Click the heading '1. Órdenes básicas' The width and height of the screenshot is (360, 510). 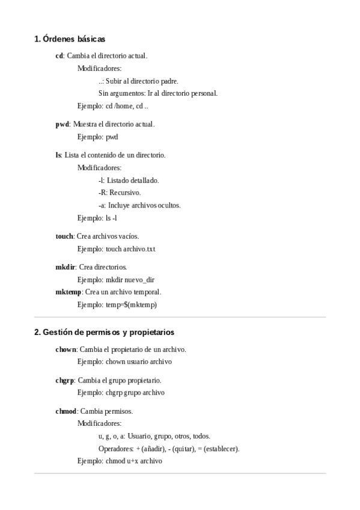click(x=70, y=39)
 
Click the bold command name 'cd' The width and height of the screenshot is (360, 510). click(x=59, y=56)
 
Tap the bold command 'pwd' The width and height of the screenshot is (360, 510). click(x=62, y=124)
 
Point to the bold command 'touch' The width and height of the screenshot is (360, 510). click(x=64, y=236)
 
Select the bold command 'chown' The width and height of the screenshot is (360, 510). click(x=66, y=349)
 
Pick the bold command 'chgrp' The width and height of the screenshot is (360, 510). click(x=64, y=380)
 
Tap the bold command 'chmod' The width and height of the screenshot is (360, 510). click(x=66, y=411)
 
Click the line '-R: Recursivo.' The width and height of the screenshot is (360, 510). click(x=120, y=192)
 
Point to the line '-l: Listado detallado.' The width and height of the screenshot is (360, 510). click(x=129, y=180)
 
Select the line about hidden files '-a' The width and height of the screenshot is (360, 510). click(x=139, y=205)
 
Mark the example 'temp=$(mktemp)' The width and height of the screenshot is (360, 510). click(x=117, y=305)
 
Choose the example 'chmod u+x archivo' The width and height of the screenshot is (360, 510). click(x=120, y=461)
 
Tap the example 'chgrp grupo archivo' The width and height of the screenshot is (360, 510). click(x=121, y=393)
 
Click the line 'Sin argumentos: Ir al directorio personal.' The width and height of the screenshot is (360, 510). click(x=158, y=93)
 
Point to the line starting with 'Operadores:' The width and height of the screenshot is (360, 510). click(x=169, y=449)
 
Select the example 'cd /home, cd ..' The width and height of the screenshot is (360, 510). click(x=113, y=106)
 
